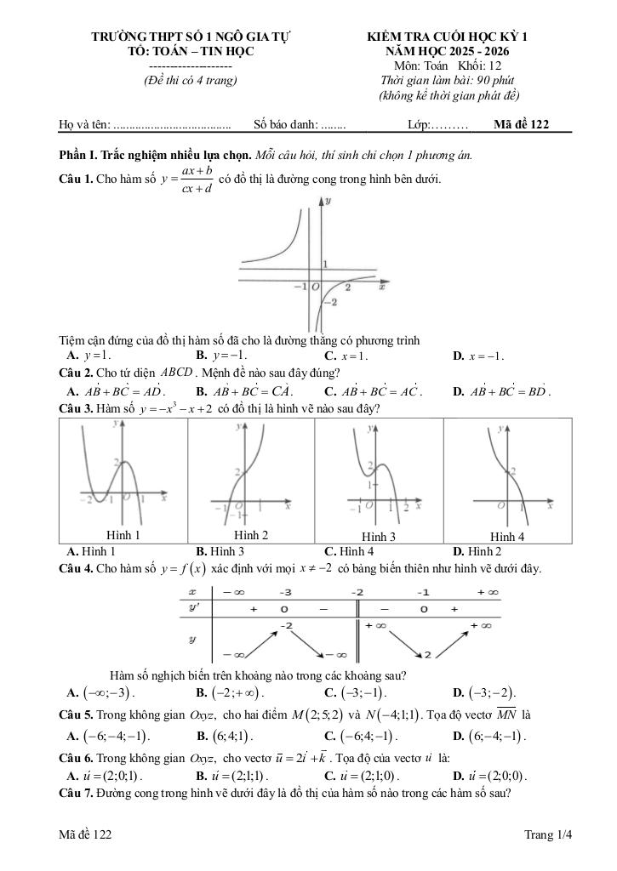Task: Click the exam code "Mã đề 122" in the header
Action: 521,125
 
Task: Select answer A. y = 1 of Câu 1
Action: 88,355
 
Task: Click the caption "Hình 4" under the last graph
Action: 507,537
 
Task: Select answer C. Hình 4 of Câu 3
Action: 349,551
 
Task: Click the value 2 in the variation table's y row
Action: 427,654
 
